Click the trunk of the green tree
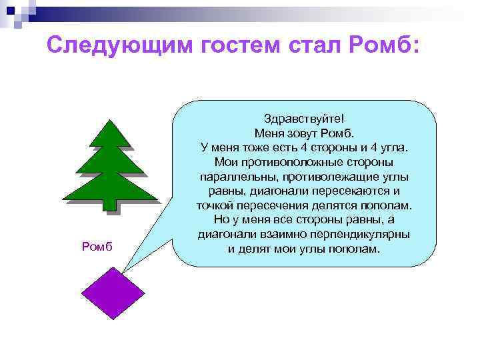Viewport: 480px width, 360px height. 110,205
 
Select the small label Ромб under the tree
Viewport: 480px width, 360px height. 97,247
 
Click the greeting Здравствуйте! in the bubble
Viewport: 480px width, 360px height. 303,118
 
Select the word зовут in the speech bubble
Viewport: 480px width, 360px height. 303,133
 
